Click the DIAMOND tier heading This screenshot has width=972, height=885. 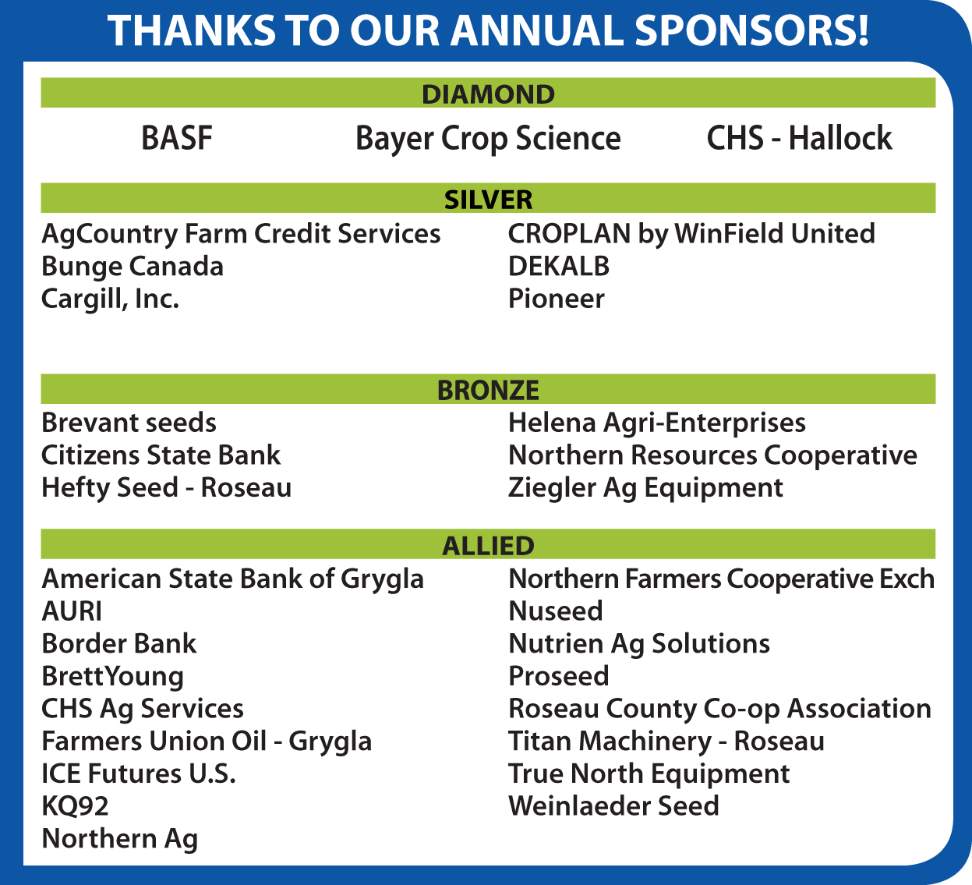click(x=488, y=94)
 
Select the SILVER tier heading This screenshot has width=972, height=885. click(x=488, y=200)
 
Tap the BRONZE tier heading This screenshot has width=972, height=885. click(x=488, y=391)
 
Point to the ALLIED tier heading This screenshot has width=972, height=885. click(x=488, y=546)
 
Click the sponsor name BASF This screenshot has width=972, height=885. click(x=177, y=138)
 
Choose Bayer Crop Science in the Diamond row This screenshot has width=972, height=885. click(x=488, y=140)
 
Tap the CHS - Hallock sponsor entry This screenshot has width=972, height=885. click(x=800, y=138)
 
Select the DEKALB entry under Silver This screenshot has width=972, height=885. click(x=559, y=266)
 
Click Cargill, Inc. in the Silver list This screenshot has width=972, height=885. click(x=111, y=299)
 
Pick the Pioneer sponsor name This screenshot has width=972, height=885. click(x=557, y=299)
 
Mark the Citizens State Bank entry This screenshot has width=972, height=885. click(x=161, y=455)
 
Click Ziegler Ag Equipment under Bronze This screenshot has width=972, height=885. click(x=645, y=488)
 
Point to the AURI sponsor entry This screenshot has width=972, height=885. click(x=72, y=611)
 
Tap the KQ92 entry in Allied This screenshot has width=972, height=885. click(x=75, y=806)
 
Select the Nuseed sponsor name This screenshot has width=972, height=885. click(x=556, y=611)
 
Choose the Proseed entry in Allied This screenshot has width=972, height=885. click(x=559, y=676)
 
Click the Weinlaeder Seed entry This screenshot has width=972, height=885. click(x=614, y=806)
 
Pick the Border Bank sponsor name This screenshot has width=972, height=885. click(x=119, y=643)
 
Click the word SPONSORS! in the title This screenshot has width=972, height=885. click(x=751, y=30)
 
